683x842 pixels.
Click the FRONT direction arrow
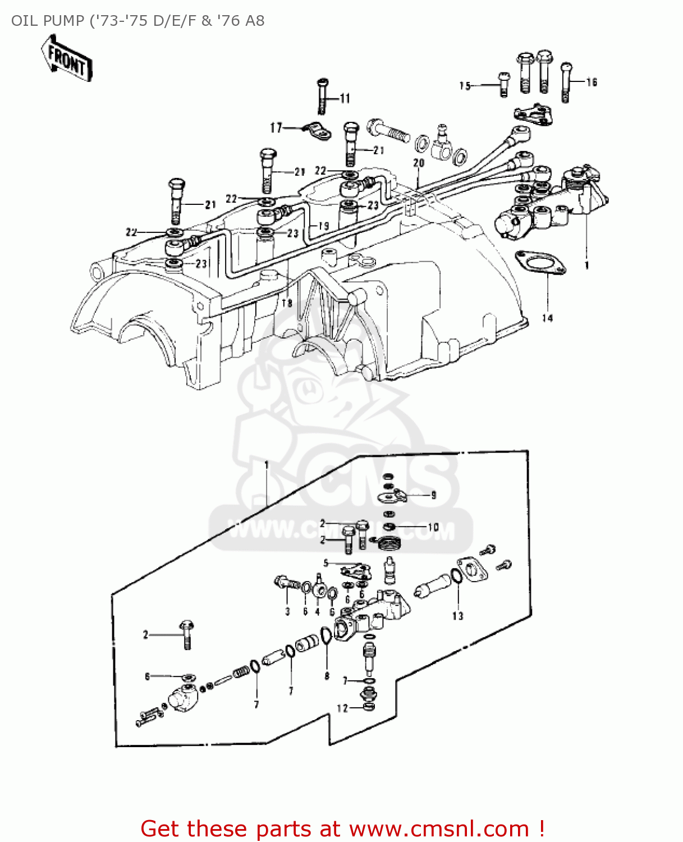66,58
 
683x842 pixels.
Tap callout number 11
345,99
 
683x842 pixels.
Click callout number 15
465,86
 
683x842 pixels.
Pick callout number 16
592,83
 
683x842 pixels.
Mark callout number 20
419,163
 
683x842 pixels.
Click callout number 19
323,226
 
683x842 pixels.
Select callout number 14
547,318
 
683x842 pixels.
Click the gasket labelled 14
540,263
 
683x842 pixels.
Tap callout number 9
433,495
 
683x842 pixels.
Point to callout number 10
433,527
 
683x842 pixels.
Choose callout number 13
458,616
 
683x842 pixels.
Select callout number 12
342,708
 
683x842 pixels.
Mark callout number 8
327,676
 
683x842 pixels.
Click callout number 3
287,611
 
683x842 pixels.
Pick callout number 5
326,563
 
